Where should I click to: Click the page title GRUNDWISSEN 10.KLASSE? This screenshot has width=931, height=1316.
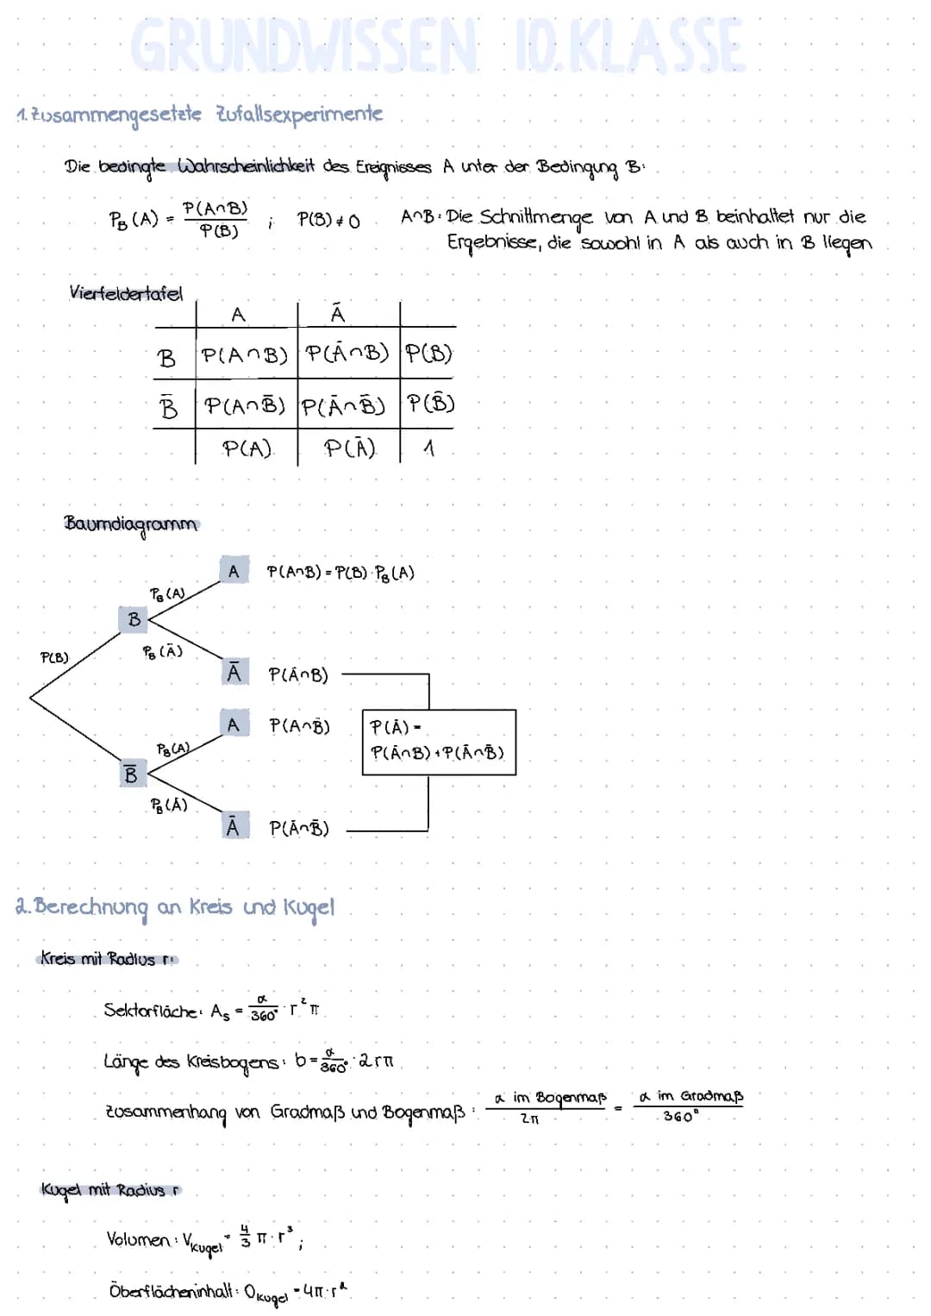(438, 46)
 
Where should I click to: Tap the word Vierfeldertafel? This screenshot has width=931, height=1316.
(126, 293)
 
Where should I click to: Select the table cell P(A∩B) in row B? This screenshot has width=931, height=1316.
(245, 354)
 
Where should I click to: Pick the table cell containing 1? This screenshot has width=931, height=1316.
(428, 448)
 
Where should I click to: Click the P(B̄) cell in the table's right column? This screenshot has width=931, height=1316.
(430, 404)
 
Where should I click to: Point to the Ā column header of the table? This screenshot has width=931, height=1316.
(338, 314)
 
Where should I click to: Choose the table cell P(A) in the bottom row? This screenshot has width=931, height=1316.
(247, 448)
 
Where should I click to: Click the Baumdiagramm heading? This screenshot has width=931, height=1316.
(130, 524)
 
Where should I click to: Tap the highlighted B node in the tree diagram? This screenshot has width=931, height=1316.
(134, 619)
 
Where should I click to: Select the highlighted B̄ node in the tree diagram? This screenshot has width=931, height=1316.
(130, 774)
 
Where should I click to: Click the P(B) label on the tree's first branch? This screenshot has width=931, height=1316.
(54, 657)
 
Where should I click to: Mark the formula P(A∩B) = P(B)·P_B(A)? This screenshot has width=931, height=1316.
(341, 573)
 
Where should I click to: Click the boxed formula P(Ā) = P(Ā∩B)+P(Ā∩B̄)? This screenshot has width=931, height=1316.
(438, 741)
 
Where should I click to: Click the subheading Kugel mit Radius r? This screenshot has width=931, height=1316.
(110, 1190)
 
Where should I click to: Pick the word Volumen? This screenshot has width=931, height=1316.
(138, 1239)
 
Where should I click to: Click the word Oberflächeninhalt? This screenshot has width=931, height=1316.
(171, 1291)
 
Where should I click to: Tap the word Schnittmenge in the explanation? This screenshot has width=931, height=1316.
(536, 216)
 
